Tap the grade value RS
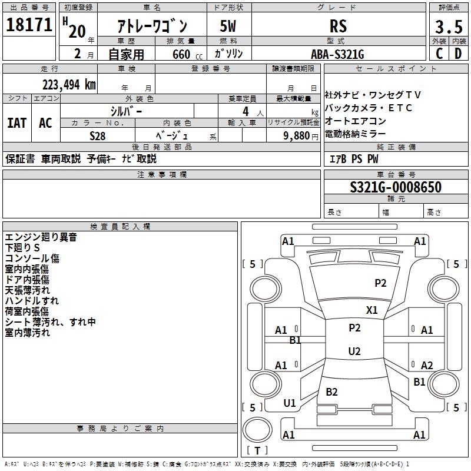(x=338, y=26)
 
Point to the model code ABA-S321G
(x=337, y=54)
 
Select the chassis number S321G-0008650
(x=395, y=187)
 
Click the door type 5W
(x=229, y=26)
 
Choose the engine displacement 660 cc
(x=177, y=54)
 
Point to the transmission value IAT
(x=17, y=122)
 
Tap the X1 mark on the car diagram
(x=372, y=310)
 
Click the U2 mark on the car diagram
(x=354, y=351)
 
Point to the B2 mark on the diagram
(x=332, y=392)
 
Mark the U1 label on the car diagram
(x=290, y=403)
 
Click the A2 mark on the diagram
(x=427, y=366)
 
